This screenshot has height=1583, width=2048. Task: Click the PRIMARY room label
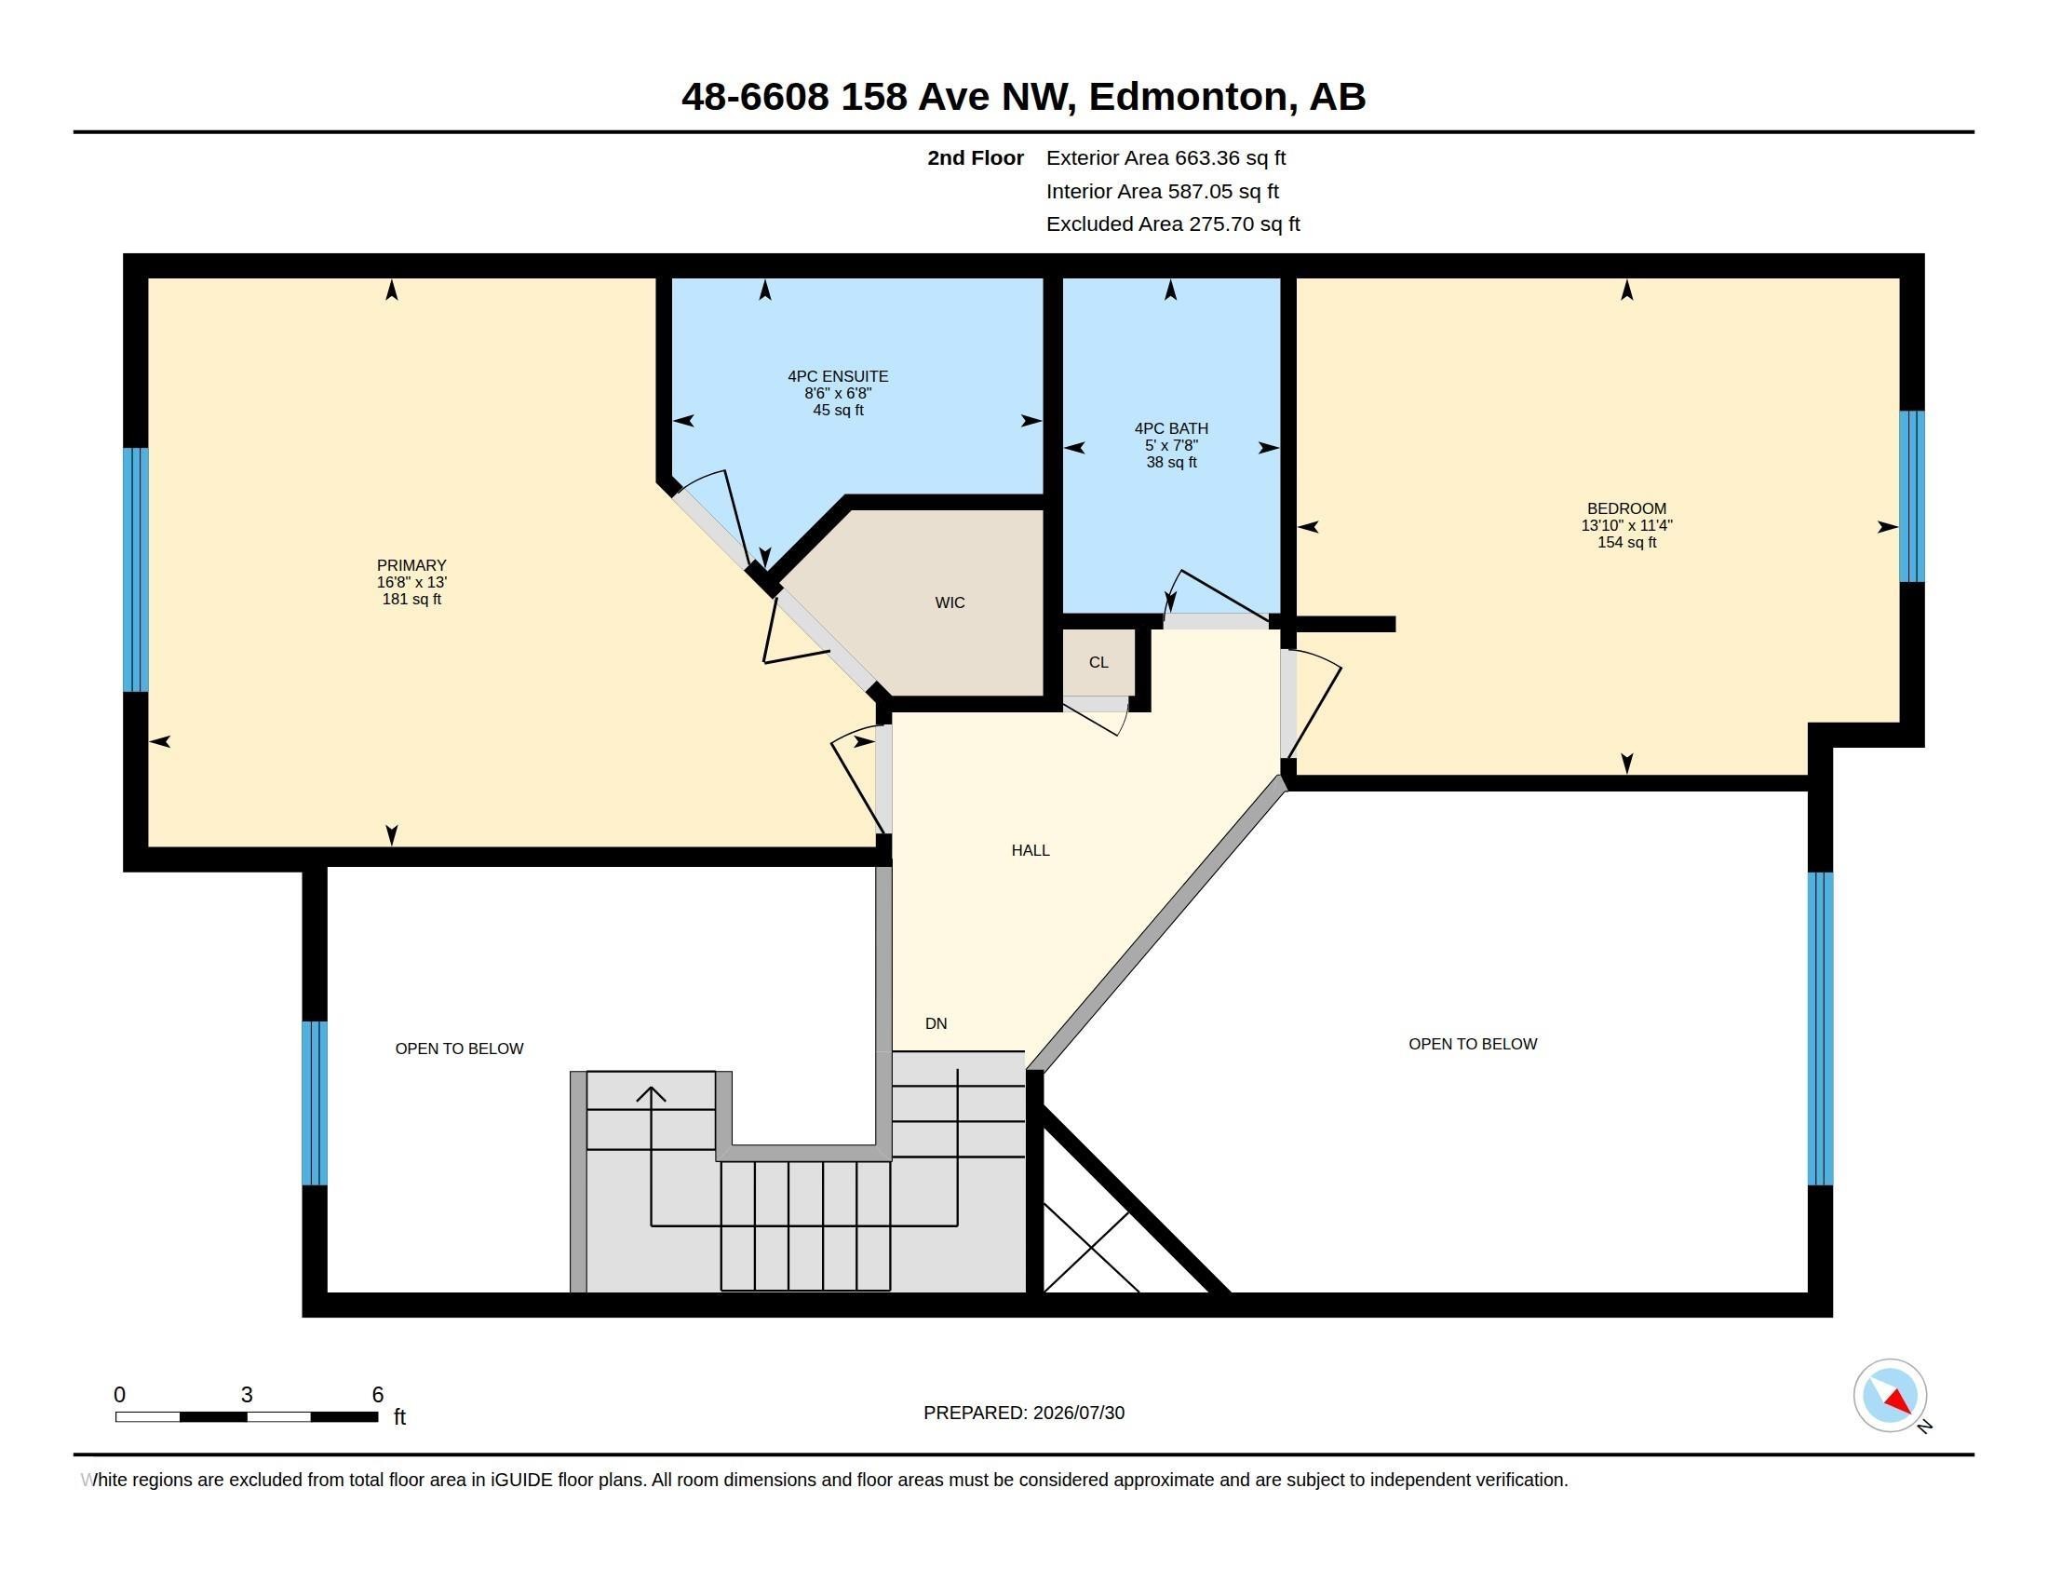[x=411, y=565]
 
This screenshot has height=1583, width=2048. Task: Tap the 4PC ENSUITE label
[x=838, y=376]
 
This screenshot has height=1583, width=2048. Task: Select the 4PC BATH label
[x=1171, y=428]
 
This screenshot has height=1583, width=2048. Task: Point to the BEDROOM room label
[x=1627, y=509]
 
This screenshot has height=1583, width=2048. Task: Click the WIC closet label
[x=950, y=603]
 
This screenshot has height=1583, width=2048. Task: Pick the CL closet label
[x=1099, y=663]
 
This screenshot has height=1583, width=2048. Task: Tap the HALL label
[x=1031, y=850]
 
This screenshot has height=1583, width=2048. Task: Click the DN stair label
[x=936, y=1024]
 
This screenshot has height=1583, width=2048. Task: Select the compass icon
[x=1890, y=1396]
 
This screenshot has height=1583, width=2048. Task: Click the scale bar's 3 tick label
[x=247, y=1395]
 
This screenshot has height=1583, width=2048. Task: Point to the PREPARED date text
[x=1024, y=1414]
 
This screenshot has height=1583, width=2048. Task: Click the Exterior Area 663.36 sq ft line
[x=1165, y=158]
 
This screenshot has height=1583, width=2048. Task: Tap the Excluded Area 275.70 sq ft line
[x=1173, y=224]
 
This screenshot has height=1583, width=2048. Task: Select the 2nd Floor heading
[x=976, y=158]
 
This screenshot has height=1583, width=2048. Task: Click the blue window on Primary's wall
[x=136, y=570]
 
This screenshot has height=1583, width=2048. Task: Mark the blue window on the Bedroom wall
[x=1912, y=497]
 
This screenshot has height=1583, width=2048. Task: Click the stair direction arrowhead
[x=651, y=1094]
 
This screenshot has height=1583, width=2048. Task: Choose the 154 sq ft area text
[x=1627, y=543]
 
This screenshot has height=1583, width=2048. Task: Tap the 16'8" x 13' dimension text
[x=411, y=582]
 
